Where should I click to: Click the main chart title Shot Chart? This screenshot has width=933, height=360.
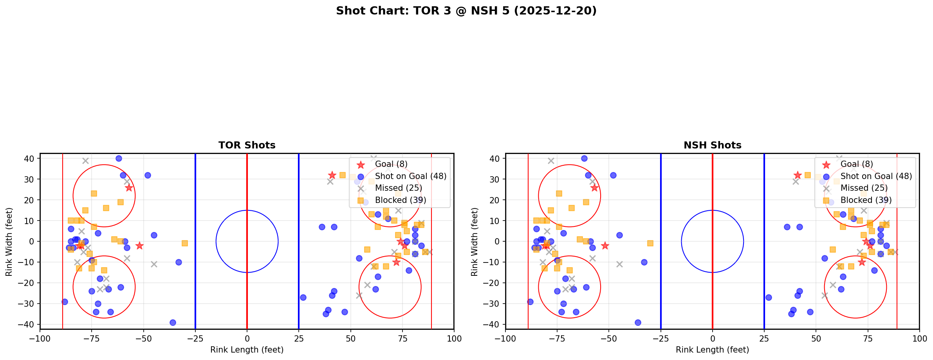[x=466, y=11]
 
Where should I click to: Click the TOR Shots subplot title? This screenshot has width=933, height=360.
[x=247, y=145]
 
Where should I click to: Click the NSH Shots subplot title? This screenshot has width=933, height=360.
[x=712, y=145]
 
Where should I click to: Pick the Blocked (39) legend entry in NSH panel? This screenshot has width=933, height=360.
[x=866, y=200]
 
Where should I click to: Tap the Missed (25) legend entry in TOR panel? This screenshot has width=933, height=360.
[x=398, y=188]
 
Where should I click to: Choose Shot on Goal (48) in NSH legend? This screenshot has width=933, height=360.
[x=876, y=176]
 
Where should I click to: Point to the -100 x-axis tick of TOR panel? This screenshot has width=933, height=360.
[x=40, y=338]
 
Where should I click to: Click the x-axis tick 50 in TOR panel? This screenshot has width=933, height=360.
[x=350, y=338]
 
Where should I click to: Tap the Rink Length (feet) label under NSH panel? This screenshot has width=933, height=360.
[x=712, y=350]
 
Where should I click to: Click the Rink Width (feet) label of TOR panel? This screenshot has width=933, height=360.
[x=9, y=241]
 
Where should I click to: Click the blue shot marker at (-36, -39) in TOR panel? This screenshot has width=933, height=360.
[x=173, y=322]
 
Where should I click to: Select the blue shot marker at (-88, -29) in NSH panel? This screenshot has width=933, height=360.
[x=531, y=302]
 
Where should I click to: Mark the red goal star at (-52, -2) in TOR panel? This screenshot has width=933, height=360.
[x=139, y=246]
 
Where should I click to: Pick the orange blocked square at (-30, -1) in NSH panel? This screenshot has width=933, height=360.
[x=650, y=243]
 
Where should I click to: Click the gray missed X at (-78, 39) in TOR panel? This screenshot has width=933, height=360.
[x=85, y=161]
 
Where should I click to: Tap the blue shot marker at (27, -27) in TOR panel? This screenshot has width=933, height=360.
[x=303, y=297]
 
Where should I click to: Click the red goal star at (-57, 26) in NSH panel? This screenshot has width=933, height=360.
[x=594, y=188]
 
